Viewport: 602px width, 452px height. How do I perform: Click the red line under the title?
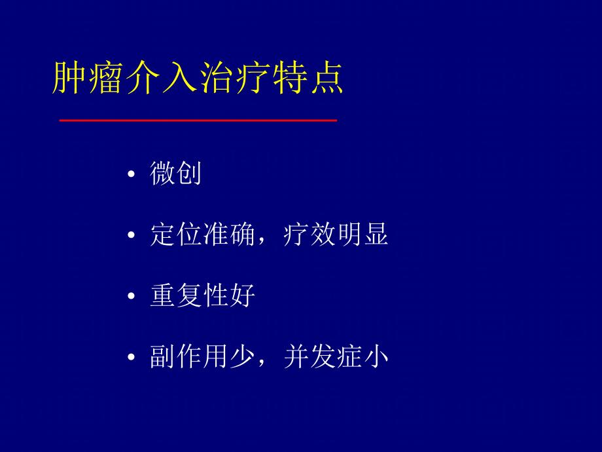(198, 121)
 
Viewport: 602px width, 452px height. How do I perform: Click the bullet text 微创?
(175, 174)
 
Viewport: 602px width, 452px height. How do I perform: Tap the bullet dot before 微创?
(132, 176)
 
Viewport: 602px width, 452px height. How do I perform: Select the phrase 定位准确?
(202, 235)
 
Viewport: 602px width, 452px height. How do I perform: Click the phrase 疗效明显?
(336, 235)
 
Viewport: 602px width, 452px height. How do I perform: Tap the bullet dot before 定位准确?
(132, 236)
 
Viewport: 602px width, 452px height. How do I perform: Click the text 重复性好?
(202, 297)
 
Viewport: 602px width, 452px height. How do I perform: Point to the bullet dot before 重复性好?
(132, 297)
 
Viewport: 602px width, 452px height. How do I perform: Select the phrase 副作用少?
(202, 358)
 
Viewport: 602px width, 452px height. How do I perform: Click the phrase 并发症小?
(336, 358)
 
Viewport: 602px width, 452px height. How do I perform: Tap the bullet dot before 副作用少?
(132, 358)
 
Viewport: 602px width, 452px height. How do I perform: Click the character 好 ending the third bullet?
(242, 297)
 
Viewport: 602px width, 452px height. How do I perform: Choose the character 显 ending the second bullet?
(376, 235)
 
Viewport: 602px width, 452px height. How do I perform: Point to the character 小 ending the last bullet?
(376, 358)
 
